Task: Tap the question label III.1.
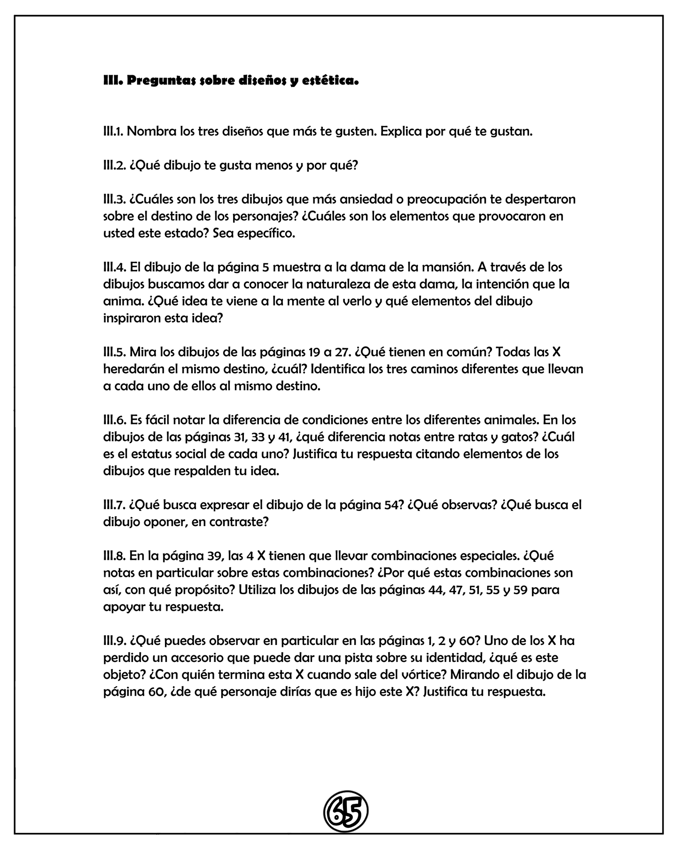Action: [x=113, y=131]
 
